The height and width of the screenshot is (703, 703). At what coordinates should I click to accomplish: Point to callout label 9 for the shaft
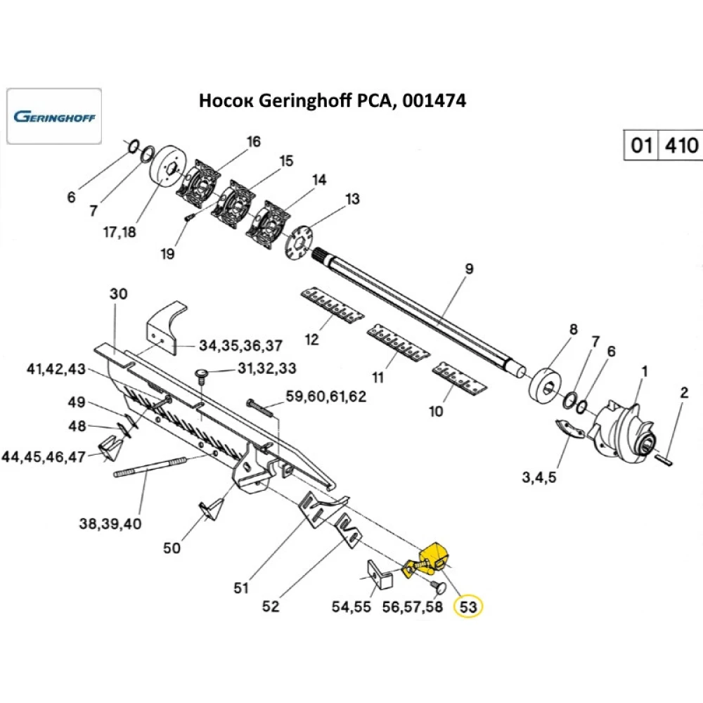(x=470, y=269)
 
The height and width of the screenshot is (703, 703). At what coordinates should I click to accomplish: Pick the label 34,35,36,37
(x=240, y=345)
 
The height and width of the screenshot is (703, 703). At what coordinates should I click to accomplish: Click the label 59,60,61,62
(x=326, y=396)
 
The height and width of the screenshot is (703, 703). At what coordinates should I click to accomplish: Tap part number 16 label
(x=253, y=142)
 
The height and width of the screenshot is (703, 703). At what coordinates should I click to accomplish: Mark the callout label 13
(x=351, y=200)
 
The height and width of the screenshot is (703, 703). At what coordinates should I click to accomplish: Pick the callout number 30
(x=118, y=295)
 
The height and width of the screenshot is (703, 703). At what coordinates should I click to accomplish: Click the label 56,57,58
(x=413, y=607)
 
